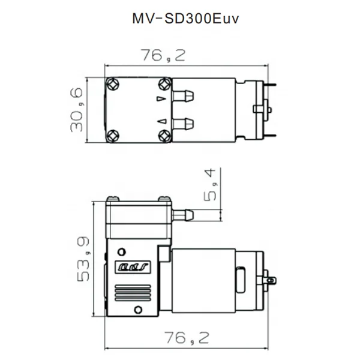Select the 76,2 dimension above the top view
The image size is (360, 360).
(163, 56)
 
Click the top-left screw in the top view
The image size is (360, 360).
(114, 85)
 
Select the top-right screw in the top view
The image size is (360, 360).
(163, 85)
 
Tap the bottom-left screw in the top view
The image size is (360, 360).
(114, 136)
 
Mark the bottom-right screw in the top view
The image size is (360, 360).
(163, 136)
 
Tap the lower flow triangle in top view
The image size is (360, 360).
(161, 122)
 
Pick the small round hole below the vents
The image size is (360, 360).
(137, 310)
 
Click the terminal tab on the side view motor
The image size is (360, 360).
(271, 280)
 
